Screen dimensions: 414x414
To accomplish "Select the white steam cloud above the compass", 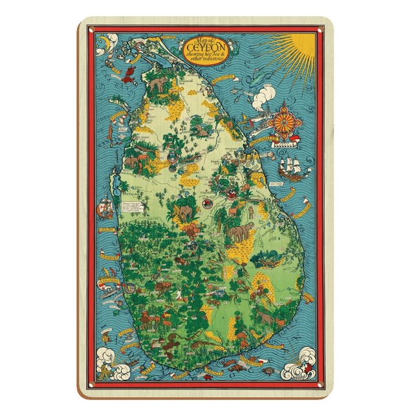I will (265, 99).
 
